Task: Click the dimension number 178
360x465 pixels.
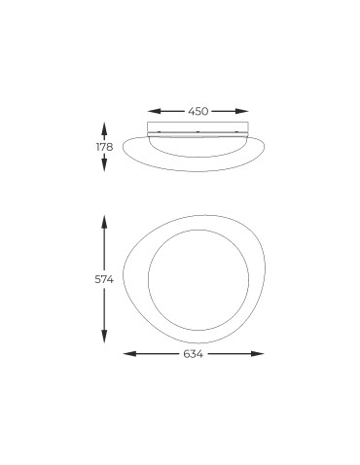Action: [x=104, y=147]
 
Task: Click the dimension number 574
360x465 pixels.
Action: [x=105, y=280]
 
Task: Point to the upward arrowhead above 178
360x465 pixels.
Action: [x=104, y=125]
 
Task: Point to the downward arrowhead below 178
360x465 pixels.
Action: [x=104, y=168]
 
